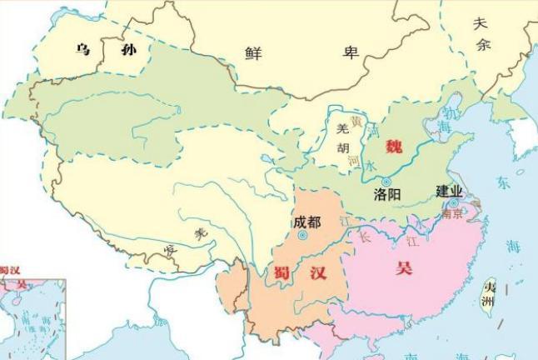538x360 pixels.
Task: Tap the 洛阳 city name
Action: (388, 195)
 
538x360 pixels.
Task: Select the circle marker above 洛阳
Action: (386, 181)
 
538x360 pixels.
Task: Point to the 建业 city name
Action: (451, 190)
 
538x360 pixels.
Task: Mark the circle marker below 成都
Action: (302, 235)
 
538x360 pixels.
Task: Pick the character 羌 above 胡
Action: (341, 130)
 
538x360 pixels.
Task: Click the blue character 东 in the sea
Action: (504, 182)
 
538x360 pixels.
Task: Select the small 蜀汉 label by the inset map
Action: (9, 270)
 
